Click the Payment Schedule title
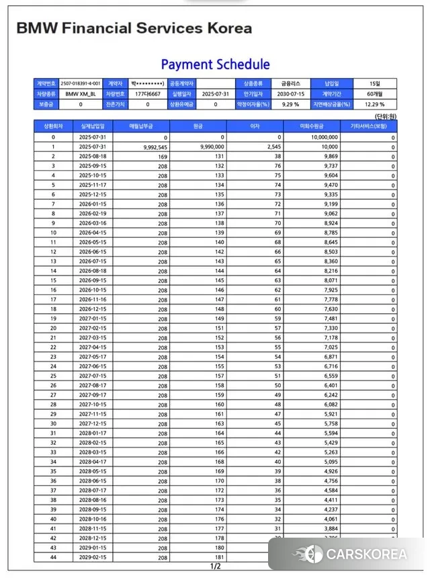pyautogui.click(x=215, y=65)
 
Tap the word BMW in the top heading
pyautogui.click(x=38, y=28)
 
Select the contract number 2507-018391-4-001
pyautogui.click(x=81, y=83)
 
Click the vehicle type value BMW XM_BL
pyautogui.click(x=81, y=94)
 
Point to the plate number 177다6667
pyautogui.click(x=146, y=94)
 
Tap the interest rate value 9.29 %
pyautogui.click(x=290, y=105)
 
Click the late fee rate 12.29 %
pyautogui.click(x=374, y=105)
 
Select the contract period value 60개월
pyautogui.click(x=374, y=94)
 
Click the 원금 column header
pyautogui.click(x=198, y=126)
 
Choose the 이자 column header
pyautogui.click(x=255, y=126)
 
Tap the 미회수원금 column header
pyautogui.click(x=312, y=126)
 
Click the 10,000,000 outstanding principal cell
pyautogui.click(x=324, y=136)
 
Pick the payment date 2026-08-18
pyautogui.click(x=93, y=270)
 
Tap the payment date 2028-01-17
pyautogui.click(x=93, y=433)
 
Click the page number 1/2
pyautogui.click(x=216, y=567)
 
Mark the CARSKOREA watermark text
pyautogui.click(x=366, y=554)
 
